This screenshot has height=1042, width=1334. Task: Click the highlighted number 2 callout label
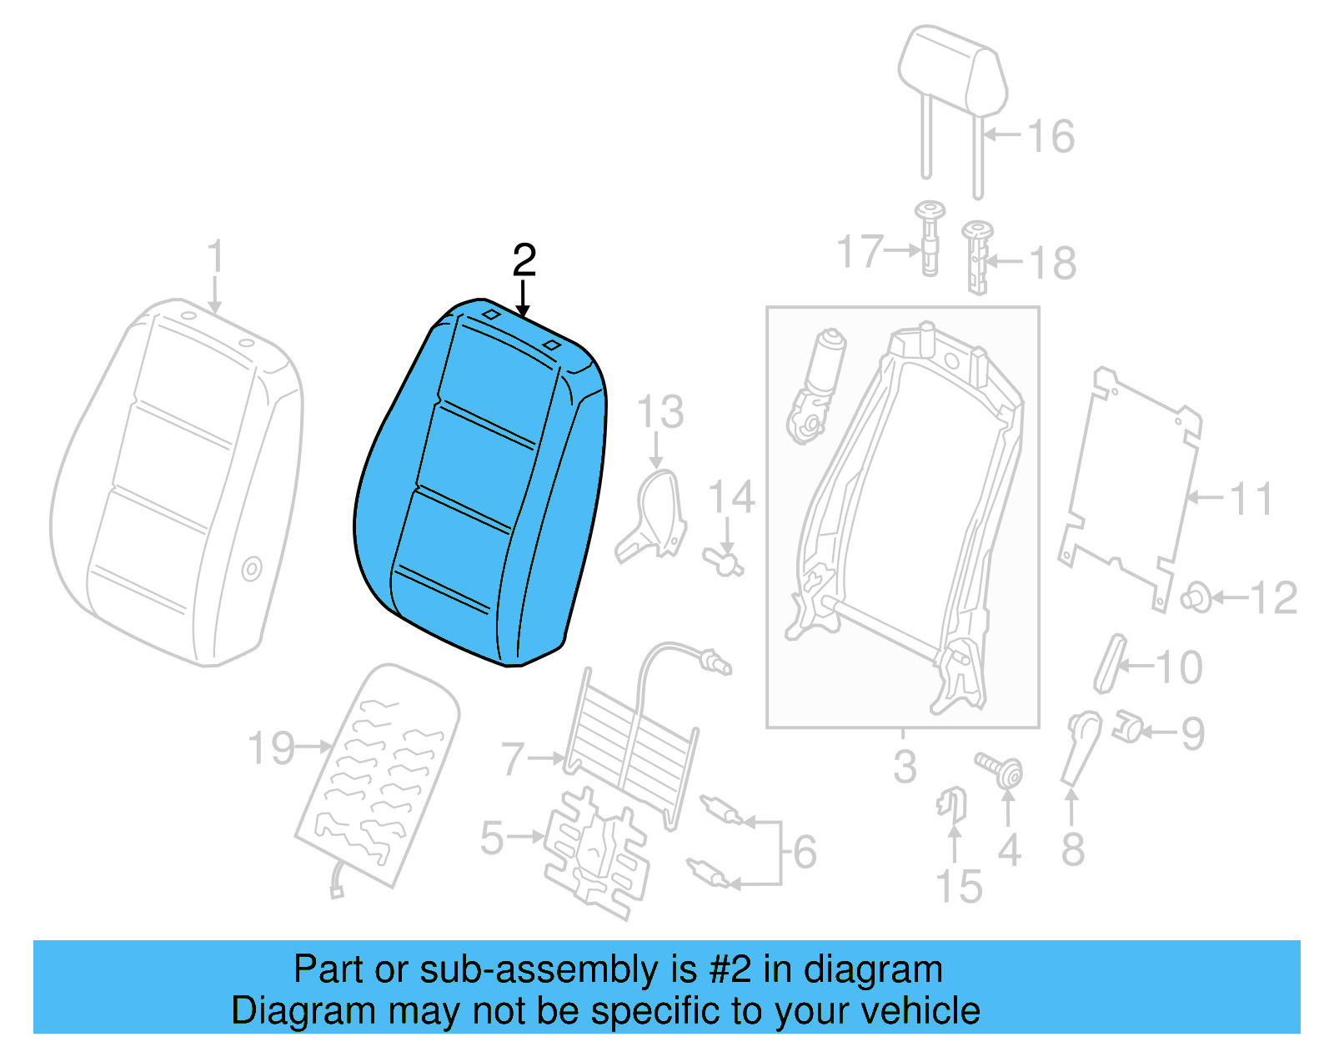(524, 261)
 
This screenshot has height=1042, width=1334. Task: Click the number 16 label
(1051, 136)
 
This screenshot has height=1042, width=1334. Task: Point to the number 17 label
(859, 251)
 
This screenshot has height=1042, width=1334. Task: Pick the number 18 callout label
(1053, 264)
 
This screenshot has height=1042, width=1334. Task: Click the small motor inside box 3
(815, 384)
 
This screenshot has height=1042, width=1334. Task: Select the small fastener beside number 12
(1196, 597)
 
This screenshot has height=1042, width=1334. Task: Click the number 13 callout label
(660, 412)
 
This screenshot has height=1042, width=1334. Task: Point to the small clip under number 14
(722, 559)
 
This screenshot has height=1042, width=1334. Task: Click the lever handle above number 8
(1081, 747)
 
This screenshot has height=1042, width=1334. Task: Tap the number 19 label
(272, 748)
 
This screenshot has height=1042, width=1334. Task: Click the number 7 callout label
(513, 759)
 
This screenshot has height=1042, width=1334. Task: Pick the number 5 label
(492, 838)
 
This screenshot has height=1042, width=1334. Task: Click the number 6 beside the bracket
(805, 852)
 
